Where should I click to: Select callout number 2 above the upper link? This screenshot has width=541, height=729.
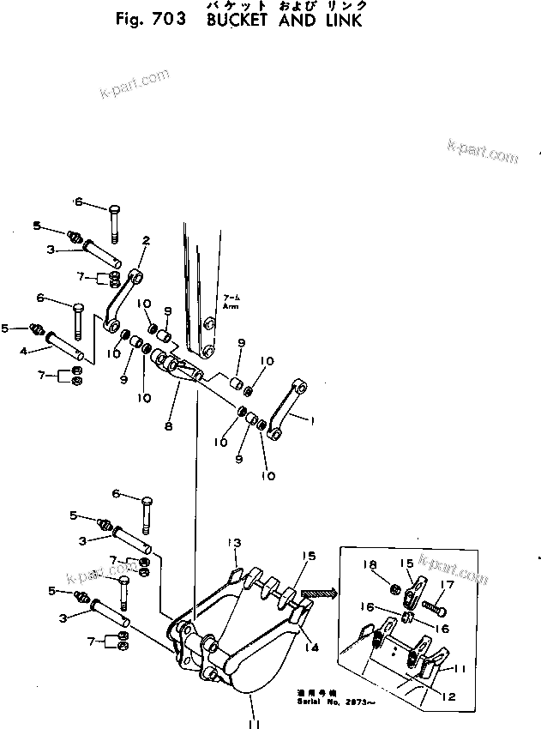tap(146, 241)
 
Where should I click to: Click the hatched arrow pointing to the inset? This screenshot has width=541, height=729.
tap(319, 591)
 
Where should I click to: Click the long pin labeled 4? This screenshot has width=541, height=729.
tap(65, 345)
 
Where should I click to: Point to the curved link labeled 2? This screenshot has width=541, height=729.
tap(122, 300)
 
